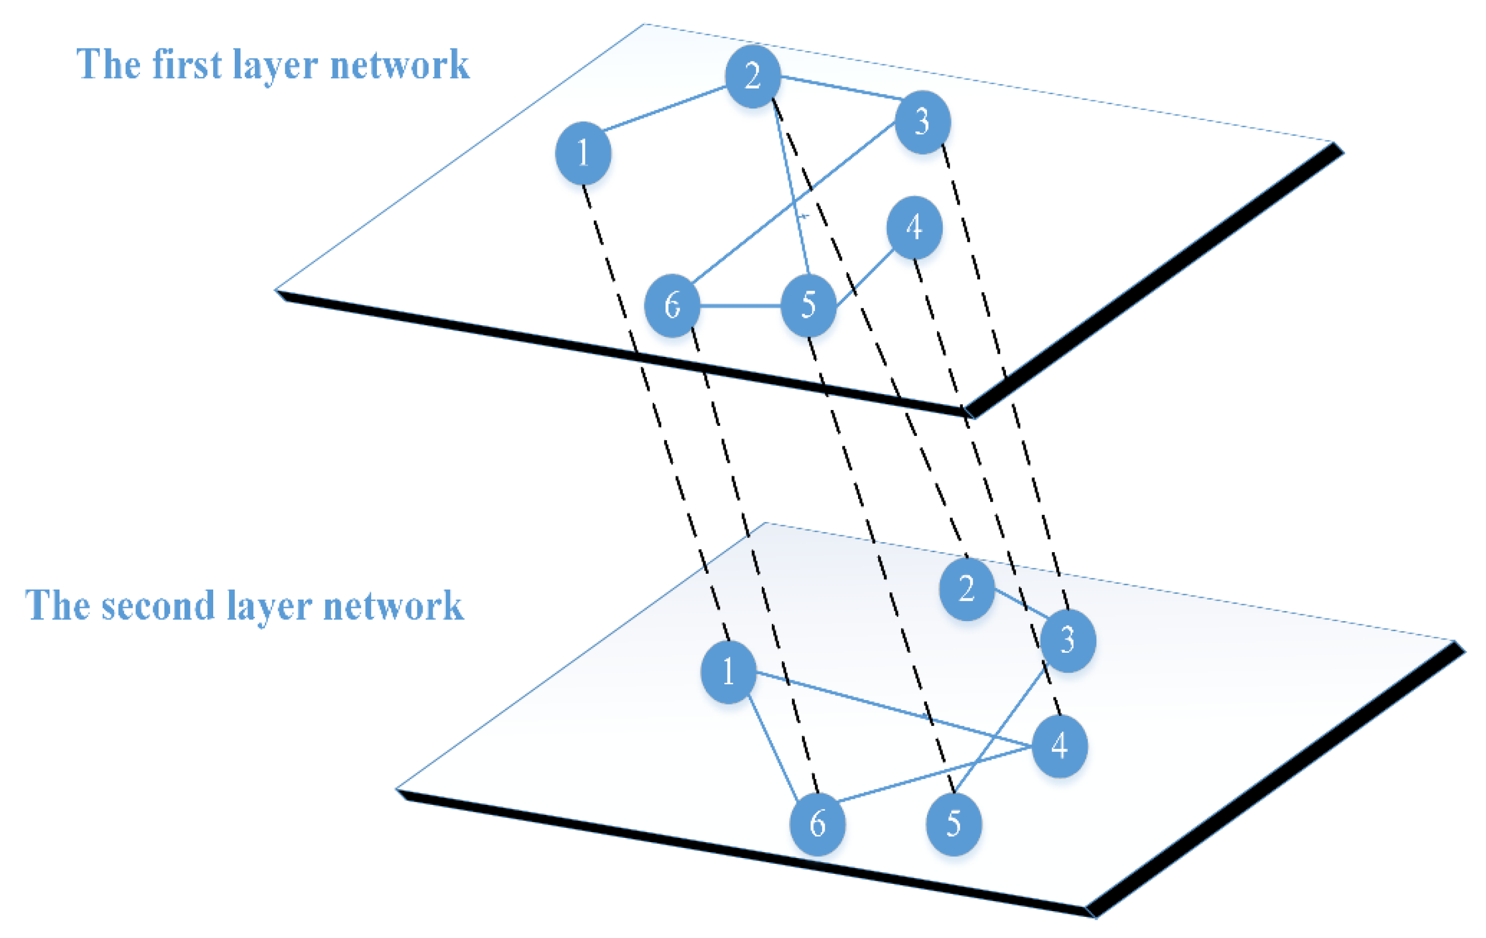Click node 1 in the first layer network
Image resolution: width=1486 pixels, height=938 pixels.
[583, 153]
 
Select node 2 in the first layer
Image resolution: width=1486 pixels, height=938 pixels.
[752, 76]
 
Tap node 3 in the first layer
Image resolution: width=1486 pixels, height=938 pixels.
[922, 122]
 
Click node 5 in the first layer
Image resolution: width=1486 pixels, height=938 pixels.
[808, 305]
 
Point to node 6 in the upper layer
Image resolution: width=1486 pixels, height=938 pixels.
[672, 305]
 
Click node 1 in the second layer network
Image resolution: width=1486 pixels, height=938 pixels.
[728, 672]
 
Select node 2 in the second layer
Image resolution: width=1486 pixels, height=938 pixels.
[966, 588]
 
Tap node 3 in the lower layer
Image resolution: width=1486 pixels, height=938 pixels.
[1068, 641]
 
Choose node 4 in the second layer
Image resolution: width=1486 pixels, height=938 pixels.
[1059, 746]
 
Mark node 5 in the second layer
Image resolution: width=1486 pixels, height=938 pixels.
[953, 824]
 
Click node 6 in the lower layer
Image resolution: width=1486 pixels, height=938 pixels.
[817, 824]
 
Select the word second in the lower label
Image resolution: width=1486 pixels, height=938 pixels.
[158, 606]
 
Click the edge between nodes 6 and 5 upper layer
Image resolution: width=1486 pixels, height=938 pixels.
[740, 305]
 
